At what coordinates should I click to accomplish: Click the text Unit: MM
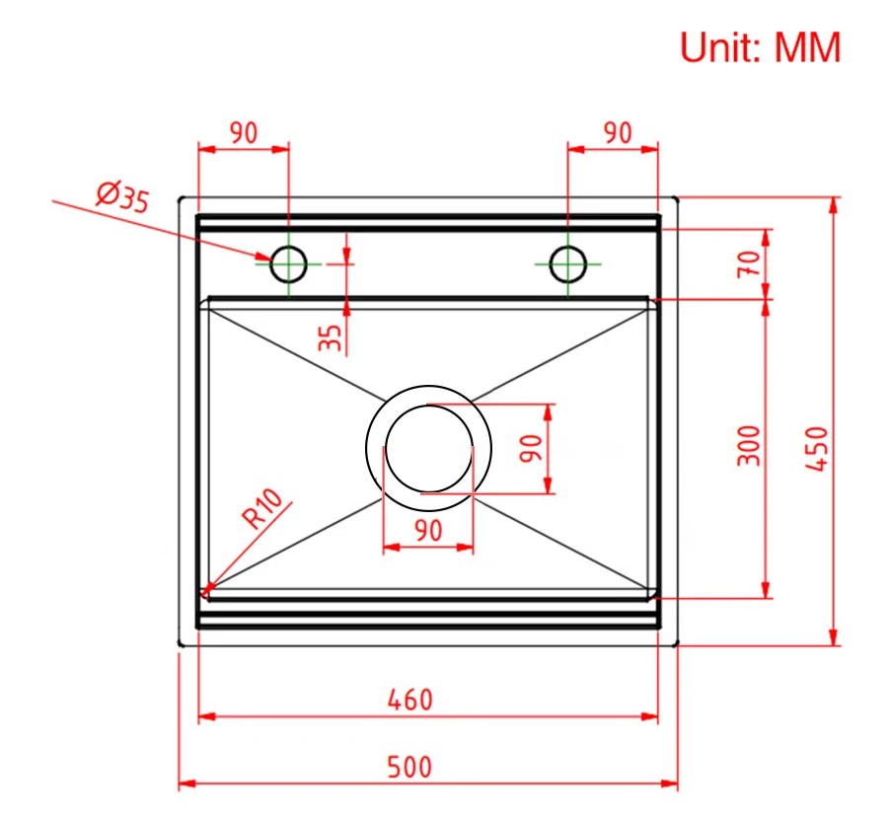tap(760, 47)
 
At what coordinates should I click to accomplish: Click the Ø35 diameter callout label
tap(123, 197)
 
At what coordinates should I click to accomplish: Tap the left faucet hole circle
tap(288, 263)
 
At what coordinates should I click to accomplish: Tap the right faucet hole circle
tap(568, 263)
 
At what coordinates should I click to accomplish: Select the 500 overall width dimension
tap(409, 767)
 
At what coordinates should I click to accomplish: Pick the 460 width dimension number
tap(410, 700)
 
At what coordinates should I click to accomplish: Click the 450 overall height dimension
tap(817, 448)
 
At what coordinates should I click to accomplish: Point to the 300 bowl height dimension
tap(749, 446)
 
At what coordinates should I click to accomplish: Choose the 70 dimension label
tap(749, 263)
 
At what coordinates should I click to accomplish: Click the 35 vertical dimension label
tap(331, 337)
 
